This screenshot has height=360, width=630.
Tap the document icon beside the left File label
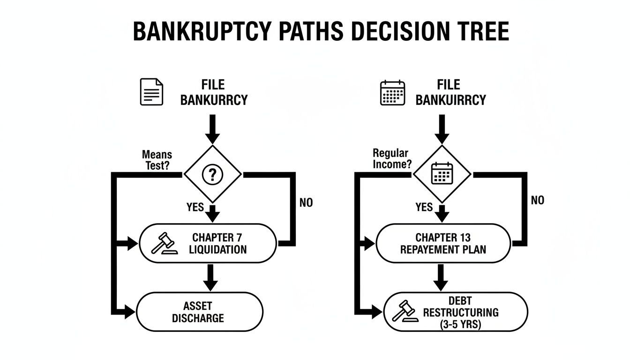[152, 92]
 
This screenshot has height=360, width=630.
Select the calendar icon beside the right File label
[392, 92]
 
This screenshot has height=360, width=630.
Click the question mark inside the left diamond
[212, 175]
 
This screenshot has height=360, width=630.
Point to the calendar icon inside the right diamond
[441, 173]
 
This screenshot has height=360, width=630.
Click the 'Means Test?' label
[157, 160]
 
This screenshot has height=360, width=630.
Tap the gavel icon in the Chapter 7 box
[164, 244]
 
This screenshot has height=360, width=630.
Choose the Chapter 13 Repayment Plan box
[443, 244]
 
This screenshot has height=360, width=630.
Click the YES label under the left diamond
[195, 207]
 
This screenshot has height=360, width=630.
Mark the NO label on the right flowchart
[538, 200]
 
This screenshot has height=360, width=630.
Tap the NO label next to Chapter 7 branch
[306, 202]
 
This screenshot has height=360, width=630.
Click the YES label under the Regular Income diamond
[424, 207]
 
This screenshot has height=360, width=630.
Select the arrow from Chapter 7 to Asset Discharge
[210, 277]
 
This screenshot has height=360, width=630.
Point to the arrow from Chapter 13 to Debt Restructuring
[441, 277]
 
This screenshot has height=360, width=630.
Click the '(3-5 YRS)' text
[461, 324]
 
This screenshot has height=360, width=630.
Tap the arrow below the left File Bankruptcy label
[212, 129]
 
